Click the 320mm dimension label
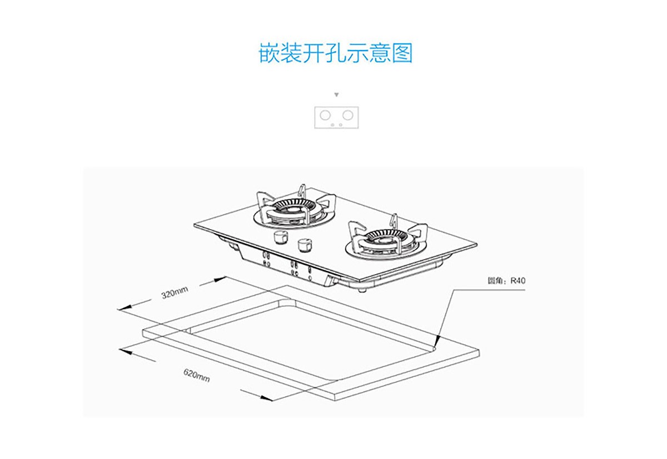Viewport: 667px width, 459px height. coord(175,293)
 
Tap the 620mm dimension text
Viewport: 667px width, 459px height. coord(197,376)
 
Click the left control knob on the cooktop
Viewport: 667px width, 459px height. coord(280,238)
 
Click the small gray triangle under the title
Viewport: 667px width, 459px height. coord(336,95)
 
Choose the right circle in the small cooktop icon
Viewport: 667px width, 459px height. coord(347,115)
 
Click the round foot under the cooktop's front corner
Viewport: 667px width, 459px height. coord(362,289)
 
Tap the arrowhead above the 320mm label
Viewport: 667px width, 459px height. coord(222,277)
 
